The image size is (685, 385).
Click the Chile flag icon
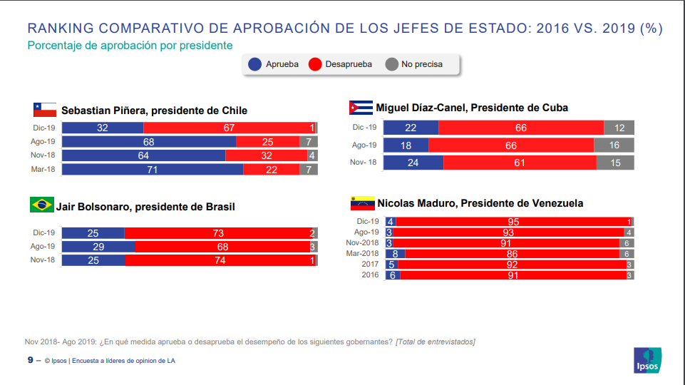pyautogui.click(x=44, y=110)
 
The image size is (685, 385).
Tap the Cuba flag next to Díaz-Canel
pyautogui.click(x=360, y=108)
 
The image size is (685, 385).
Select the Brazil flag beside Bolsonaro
pyautogui.click(x=41, y=205)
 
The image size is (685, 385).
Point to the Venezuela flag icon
pyautogui.click(x=362, y=203)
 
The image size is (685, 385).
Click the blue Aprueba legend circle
pyautogui.click(x=254, y=64)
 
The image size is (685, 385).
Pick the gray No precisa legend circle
pyautogui.click(x=391, y=64)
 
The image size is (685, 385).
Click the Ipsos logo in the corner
pyautogui.click(x=647, y=360)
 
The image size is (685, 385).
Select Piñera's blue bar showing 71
pyautogui.click(x=153, y=169)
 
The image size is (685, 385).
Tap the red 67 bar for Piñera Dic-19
pyautogui.click(x=228, y=128)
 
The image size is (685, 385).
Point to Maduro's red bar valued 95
pyautogui.click(x=510, y=222)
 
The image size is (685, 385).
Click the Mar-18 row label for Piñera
pyautogui.click(x=43, y=169)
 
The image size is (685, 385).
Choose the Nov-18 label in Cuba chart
pyautogui.click(x=364, y=163)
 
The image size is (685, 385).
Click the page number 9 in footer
pyautogui.click(x=30, y=360)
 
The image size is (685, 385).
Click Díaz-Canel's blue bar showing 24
pyautogui.click(x=413, y=163)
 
